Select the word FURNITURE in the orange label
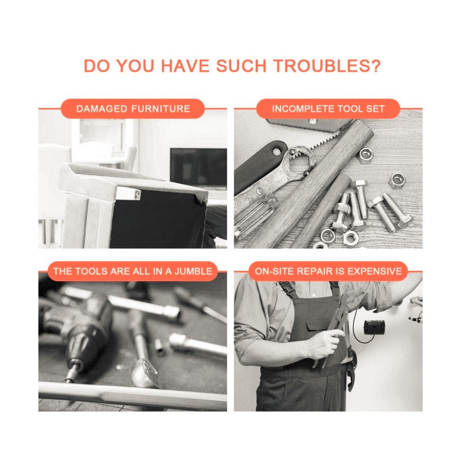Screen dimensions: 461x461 coord(161,109)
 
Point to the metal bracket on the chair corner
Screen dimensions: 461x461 coord(128,194)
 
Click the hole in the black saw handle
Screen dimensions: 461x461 coord(277,152)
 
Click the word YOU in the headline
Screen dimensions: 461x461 coord(136,66)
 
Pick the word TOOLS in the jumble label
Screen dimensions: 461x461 coord(91,271)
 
